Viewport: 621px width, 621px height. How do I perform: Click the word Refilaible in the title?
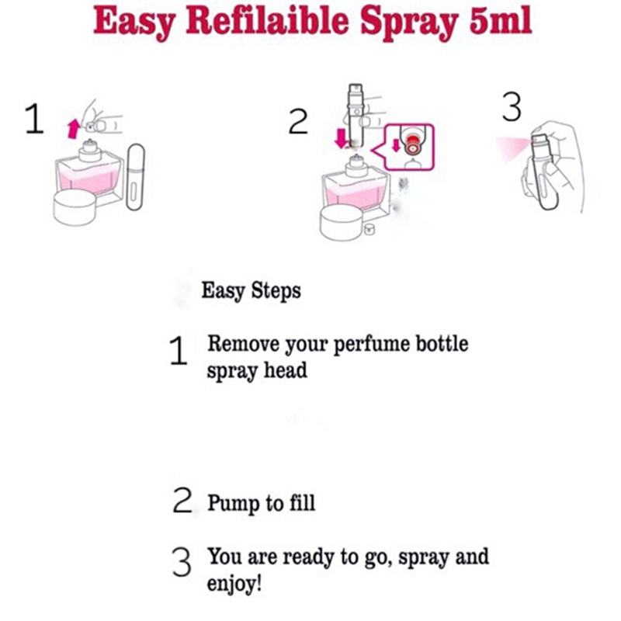pos(267,22)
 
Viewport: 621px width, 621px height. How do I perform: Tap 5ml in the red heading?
pos(500,21)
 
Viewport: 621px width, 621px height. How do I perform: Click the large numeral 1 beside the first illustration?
pos(34,119)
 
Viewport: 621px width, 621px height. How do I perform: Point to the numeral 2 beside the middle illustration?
pos(298,122)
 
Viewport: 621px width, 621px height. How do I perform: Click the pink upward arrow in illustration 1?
pos(73,130)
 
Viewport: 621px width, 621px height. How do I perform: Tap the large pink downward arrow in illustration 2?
pos(341,139)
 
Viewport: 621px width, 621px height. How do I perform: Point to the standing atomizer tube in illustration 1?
pos(135,177)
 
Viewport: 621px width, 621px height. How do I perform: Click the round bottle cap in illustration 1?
pos(75,207)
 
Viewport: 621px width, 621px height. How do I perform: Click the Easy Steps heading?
pos(251,291)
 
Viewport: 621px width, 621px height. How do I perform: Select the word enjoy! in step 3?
pos(234,584)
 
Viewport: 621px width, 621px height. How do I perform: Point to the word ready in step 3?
pos(309,557)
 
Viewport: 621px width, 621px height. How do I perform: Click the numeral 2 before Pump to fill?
pos(182,500)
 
